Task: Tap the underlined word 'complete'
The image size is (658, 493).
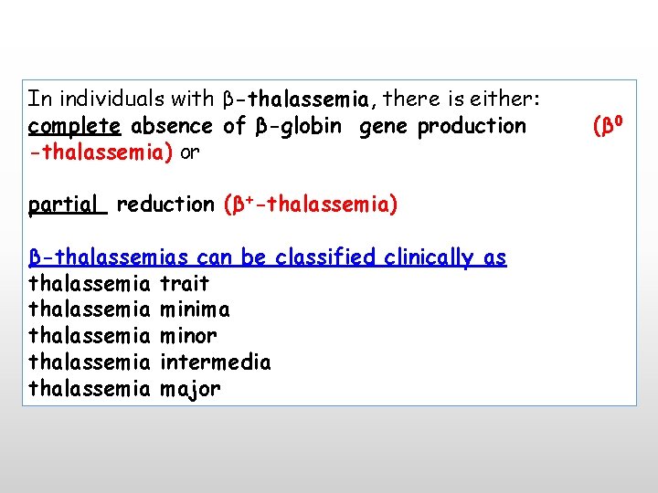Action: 75,125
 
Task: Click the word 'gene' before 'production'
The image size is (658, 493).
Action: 384,125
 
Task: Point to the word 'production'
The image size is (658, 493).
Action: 472,125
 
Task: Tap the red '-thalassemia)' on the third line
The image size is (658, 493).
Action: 101,152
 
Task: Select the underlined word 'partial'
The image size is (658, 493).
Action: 68,205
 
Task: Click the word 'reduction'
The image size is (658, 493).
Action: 165,205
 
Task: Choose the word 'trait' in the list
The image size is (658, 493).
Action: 184,284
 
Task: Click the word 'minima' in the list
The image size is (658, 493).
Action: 195,310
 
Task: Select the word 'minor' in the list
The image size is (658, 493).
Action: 188,337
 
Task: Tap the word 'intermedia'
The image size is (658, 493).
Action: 215,362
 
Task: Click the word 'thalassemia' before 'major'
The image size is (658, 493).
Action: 89,389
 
